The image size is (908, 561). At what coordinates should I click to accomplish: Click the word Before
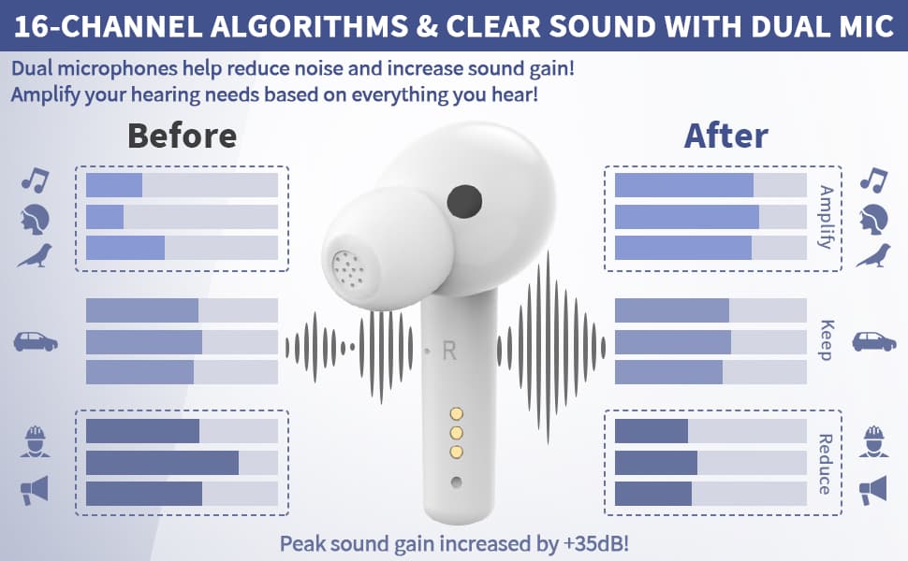pyautogui.click(x=182, y=136)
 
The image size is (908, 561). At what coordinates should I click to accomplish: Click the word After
pyautogui.click(x=726, y=136)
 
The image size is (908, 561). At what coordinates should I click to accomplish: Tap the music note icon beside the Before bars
pyautogui.click(x=36, y=180)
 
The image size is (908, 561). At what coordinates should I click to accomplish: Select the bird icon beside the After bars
pyautogui.click(x=873, y=255)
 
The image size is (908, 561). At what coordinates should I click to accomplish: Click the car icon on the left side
pyautogui.click(x=36, y=342)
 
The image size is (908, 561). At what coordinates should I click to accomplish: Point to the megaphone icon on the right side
pyautogui.click(x=872, y=490)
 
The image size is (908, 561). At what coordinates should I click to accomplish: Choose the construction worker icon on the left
pyautogui.click(x=36, y=442)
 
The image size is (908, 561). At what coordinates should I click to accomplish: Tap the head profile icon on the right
pyautogui.click(x=874, y=219)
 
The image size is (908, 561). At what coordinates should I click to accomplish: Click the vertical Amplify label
pyautogui.click(x=826, y=217)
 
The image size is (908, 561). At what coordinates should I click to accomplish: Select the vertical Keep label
pyautogui.click(x=827, y=340)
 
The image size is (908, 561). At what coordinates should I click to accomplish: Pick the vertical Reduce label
pyautogui.click(x=826, y=464)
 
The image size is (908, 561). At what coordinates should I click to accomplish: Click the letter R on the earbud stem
pyautogui.click(x=449, y=351)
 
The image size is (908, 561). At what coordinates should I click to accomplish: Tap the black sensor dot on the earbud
pyautogui.click(x=464, y=202)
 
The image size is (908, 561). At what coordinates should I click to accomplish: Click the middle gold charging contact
pyautogui.click(x=456, y=433)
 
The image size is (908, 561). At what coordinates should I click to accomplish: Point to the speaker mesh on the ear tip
pyautogui.click(x=348, y=269)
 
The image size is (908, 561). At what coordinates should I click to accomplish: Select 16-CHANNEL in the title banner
pyautogui.click(x=108, y=26)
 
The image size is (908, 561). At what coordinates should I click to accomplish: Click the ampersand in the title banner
pyautogui.click(x=427, y=26)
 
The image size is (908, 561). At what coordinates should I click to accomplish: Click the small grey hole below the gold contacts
pyautogui.click(x=456, y=482)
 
